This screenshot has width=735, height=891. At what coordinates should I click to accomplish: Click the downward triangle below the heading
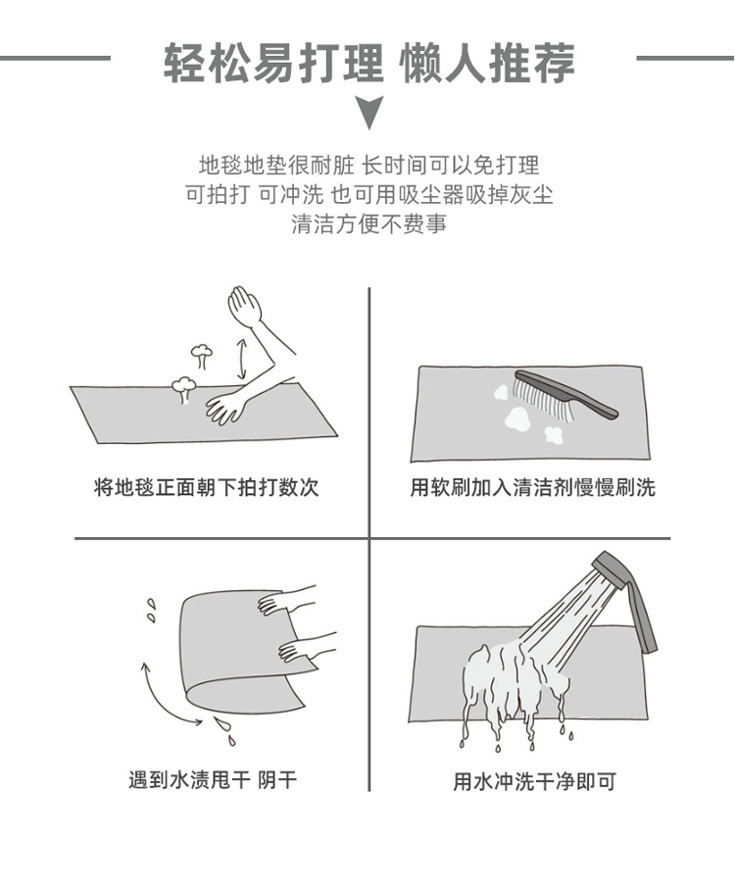click(x=368, y=114)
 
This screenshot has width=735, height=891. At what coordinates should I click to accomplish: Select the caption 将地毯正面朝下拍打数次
click(x=207, y=487)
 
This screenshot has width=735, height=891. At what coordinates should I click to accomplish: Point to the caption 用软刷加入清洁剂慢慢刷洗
click(x=532, y=487)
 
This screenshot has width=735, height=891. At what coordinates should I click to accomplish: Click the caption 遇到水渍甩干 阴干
click(x=212, y=780)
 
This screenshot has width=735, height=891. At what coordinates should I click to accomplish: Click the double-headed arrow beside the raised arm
click(x=240, y=358)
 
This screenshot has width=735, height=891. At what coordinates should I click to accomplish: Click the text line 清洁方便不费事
click(x=368, y=223)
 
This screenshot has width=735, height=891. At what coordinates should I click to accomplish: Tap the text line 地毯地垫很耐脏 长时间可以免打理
click(x=368, y=164)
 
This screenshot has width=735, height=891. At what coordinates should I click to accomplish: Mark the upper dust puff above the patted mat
click(x=200, y=353)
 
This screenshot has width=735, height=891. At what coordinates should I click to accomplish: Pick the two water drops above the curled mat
click(x=151, y=610)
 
